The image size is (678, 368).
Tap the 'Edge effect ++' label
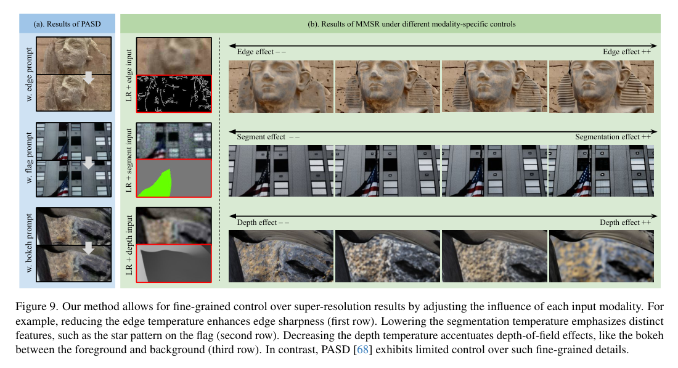pos(627,52)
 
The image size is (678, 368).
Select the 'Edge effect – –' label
pos(261,52)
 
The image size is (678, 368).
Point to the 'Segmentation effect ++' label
pos(613,137)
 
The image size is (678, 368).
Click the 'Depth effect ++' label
pos(625,223)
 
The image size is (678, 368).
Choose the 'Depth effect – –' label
pos(263,223)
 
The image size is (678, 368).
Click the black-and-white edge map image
pos(173,93)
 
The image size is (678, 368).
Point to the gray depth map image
pos(173,263)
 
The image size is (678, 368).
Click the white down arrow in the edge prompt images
pos(89,76)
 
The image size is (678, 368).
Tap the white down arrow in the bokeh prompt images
pos(89,247)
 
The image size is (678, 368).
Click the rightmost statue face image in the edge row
pos(602,86)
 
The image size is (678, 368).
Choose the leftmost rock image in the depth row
pos(281,256)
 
